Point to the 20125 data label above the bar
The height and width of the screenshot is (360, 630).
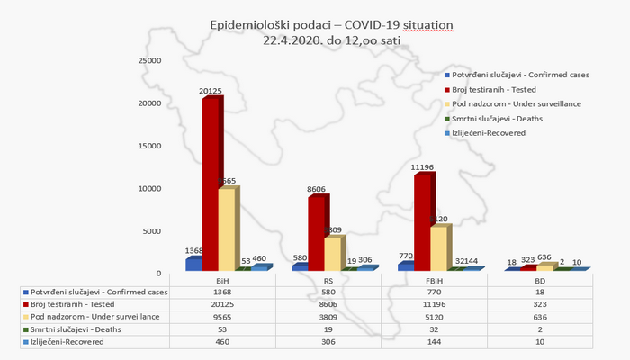tap(211, 91)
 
